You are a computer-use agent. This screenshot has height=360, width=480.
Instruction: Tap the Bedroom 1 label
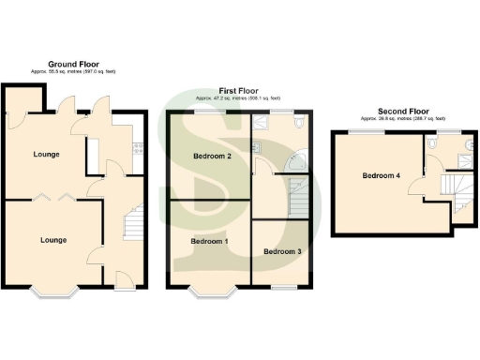pyautogui.click(x=210, y=241)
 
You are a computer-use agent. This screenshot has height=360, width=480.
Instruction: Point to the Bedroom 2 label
pyautogui.click(x=212, y=157)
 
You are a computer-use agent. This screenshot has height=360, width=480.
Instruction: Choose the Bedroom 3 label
pyautogui.click(x=281, y=252)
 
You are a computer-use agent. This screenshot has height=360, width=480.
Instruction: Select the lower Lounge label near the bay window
pyautogui.click(x=53, y=240)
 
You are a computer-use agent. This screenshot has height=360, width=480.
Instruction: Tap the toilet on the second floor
pyautogui.click(x=431, y=144)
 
